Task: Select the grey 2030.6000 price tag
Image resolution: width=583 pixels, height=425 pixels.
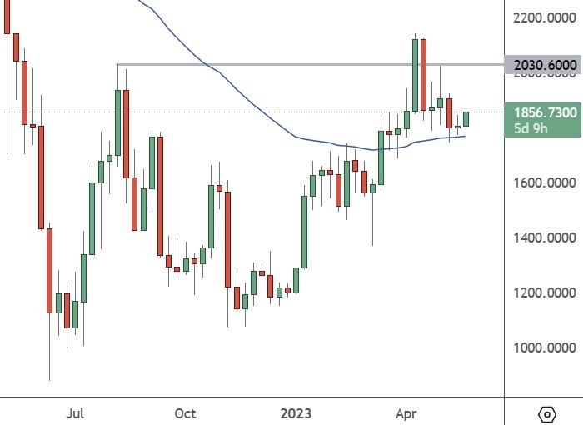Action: pos(543,65)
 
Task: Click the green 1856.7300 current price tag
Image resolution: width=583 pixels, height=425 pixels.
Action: pos(543,112)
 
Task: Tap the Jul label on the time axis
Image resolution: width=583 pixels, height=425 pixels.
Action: pos(76,413)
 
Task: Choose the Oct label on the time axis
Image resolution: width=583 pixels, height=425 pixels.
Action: pos(185,413)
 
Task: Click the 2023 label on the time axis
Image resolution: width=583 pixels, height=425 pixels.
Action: pos(296,413)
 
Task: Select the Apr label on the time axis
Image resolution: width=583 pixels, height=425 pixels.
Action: pos(406,413)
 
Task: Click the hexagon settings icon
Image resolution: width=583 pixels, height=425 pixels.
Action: pos(547,413)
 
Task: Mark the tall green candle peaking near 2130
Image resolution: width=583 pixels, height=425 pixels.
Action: pos(415,75)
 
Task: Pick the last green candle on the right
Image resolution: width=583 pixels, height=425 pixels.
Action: pos(467,119)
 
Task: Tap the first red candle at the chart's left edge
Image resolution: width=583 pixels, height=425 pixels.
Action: pos(7,17)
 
